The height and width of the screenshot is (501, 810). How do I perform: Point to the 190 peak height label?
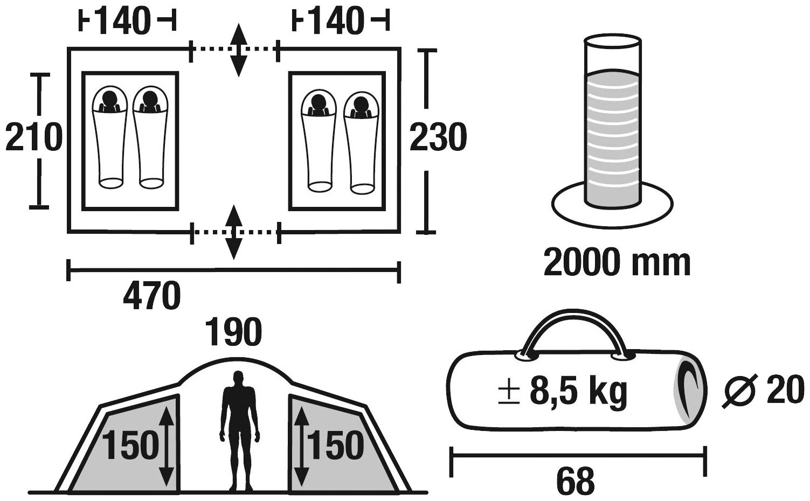pyautogui.click(x=236, y=332)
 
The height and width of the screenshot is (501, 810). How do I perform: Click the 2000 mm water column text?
pyautogui.click(x=617, y=263)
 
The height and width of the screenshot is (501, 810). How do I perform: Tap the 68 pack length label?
pyautogui.click(x=577, y=480)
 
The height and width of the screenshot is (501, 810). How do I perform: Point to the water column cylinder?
pyautogui.click(x=613, y=124)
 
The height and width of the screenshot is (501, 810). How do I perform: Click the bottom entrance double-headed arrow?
pyautogui.click(x=233, y=232)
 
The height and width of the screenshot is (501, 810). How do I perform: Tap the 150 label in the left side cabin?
pyautogui.click(x=131, y=446)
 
